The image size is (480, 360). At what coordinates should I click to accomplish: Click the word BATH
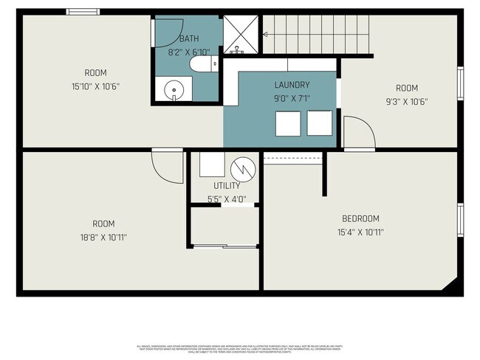coord(189,38)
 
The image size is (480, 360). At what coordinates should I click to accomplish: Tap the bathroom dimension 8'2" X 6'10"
coord(189,52)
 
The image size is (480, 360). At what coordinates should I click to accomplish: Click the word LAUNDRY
coord(292,85)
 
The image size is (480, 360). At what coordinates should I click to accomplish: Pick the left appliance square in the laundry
coord(287,123)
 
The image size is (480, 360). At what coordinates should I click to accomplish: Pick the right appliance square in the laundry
coord(320,123)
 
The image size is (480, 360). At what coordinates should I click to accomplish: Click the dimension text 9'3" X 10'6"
coord(406,102)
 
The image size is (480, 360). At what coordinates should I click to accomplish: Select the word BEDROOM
coord(360,218)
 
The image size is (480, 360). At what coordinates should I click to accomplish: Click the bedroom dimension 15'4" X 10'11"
coord(360,232)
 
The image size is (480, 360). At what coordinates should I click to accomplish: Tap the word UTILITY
coord(227,186)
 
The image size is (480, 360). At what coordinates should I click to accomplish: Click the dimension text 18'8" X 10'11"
coord(103,237)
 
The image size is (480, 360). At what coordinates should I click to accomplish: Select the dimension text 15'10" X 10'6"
coord(96,86)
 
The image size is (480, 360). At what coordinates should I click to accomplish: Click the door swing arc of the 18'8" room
coord(167,167)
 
